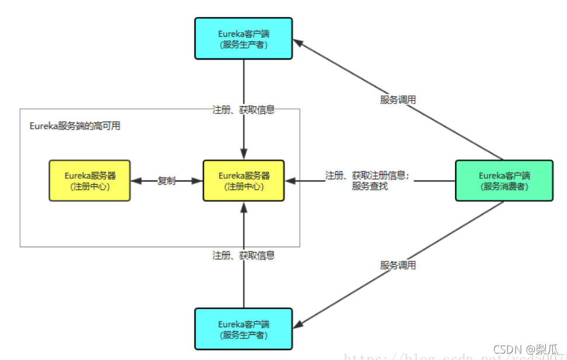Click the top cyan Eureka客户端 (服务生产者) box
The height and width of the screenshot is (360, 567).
click(x=244, y=39)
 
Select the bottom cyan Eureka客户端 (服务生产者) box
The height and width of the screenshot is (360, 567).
click(x=244, y=329)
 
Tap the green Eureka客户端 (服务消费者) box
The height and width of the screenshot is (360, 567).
click(x=504, y=181)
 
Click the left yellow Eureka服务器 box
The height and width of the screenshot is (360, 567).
click(x=89, y=181)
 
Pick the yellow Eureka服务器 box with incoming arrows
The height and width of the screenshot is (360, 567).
click(x=244, y=181)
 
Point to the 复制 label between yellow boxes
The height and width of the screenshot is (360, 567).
click(x=166, y=181)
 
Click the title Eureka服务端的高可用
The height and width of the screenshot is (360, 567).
click(x=75, y=126)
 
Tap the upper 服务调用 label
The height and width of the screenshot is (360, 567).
click(x=398, y=100)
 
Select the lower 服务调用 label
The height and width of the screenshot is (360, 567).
click(x=398, y=265)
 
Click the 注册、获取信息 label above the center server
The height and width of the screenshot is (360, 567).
click(x=244, y=109)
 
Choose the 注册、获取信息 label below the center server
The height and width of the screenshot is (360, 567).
click(x=244, y=255)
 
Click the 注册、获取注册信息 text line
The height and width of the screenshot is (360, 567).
click(x=368, y=175)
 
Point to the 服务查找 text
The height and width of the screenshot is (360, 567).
click(x=370, y=186)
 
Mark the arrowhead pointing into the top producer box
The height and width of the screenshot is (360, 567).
click(x=298, y=43)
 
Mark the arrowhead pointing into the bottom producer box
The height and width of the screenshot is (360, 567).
click(x=298, y=323)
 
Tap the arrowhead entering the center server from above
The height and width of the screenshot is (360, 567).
click(x=244, y=155)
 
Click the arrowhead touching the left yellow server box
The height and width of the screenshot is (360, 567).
click(x=136, y=181)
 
